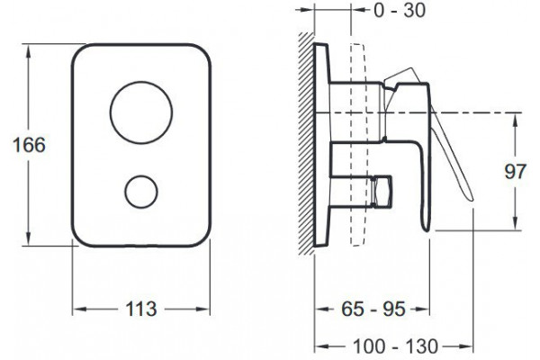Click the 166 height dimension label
[x=29, y=145]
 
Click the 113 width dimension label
[x=141, y=309]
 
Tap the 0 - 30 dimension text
[x=400, y=10]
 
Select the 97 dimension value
[x=516, y=171]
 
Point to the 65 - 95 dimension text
[x=373, y=309]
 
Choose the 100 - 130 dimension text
[x=396, y=346]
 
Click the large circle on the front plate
[x=141, y=82]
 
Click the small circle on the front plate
[x=141, y=175]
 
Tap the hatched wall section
[x=306, y=144]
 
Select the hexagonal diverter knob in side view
[x=382, y=192]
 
